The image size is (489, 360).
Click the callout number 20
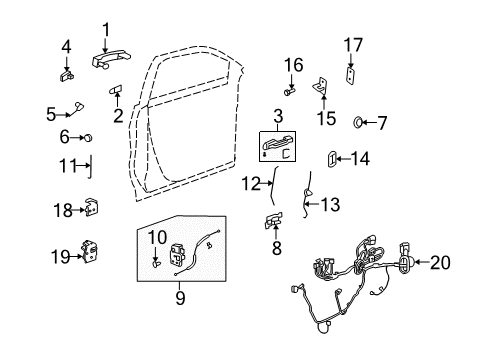click(441, 264)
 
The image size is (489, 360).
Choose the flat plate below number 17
click(349, 75)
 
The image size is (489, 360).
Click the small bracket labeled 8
click(273, 221)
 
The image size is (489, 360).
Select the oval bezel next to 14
click(331, 157)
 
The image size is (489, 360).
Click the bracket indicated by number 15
click(322, 89)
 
